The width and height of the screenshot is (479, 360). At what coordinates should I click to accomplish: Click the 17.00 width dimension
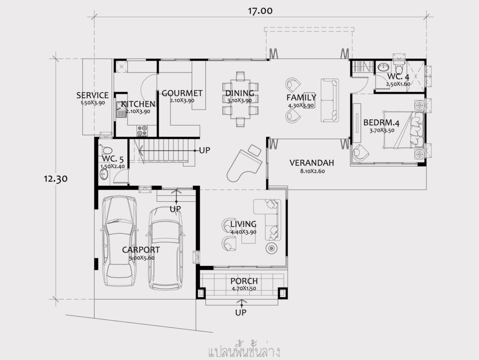(x=260, y=11)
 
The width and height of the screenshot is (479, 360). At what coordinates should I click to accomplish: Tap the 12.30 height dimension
(x=55, y=178)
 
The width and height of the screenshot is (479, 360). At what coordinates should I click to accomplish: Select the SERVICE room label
(x=92, y=96)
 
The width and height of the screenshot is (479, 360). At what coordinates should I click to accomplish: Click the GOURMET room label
(x=182, y=93)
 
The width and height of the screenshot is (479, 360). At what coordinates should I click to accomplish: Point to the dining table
(x=240, y=99)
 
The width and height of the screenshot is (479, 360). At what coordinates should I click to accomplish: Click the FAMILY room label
(x=301, y=97)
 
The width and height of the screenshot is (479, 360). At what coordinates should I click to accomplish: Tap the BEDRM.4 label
(x=382, y=123)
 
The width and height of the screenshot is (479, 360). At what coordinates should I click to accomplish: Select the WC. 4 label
(x=399, y=76)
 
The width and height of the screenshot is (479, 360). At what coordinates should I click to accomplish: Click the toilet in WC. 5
(x=106, y=150)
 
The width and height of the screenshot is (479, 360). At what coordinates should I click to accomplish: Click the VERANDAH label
(x=312, y=163)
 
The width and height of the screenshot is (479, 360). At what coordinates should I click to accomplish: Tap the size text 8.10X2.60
(x=312, y=171)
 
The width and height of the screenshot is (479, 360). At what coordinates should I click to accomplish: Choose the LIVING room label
(x=243, y=224)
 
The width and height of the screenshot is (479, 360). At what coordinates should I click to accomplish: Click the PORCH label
(x=244, y=281)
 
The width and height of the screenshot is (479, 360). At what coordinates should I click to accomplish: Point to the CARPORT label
(x=141, y=250)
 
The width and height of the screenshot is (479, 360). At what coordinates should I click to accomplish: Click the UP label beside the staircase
(x=204, y=150)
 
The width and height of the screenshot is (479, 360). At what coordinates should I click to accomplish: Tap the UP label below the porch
(x=241, y=313)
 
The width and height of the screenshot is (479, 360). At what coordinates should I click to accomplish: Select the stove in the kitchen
(x=142, y=131)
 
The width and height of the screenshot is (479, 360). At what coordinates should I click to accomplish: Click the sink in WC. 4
(x=383, y=66)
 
